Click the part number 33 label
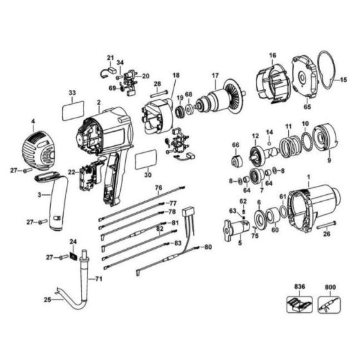click(x=72, y=93)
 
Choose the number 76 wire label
click(x=157, y=187)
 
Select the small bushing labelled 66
click(x=235, y=160)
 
